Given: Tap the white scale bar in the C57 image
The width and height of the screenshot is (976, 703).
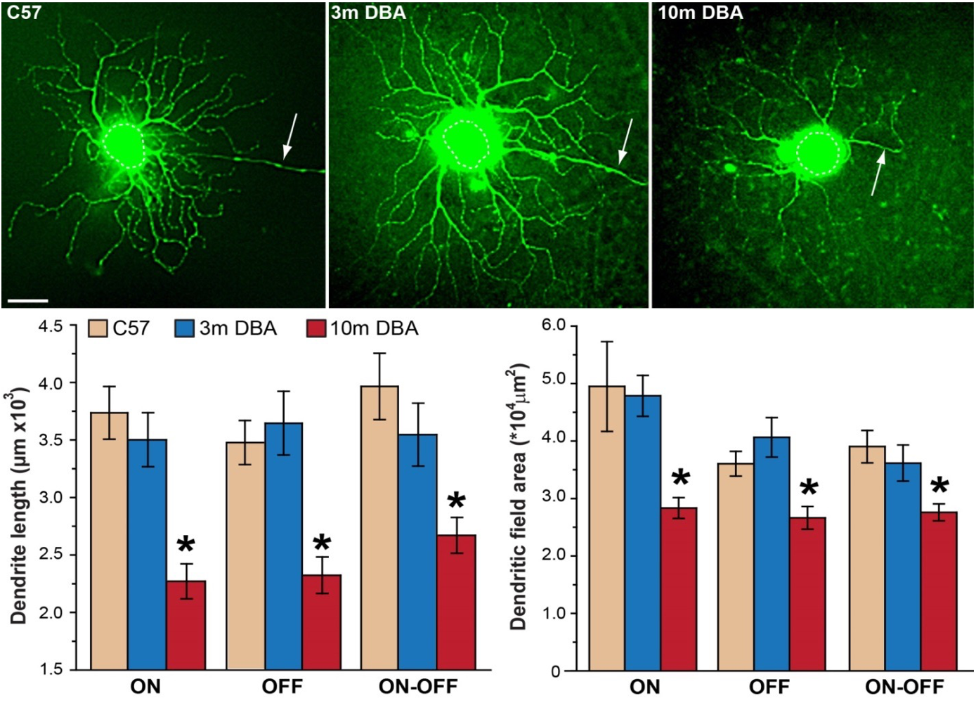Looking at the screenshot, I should click(27, 301).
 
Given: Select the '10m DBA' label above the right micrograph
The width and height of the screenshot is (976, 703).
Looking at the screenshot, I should click(700, 12).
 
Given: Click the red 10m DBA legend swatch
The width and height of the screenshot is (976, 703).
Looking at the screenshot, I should click(316, 328).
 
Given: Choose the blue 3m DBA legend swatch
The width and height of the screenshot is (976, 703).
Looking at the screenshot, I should click(184, 328).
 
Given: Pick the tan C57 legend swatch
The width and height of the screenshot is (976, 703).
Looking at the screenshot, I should click(98, 328).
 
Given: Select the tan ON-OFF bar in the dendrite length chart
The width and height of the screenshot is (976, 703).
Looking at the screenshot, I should click(379, 527).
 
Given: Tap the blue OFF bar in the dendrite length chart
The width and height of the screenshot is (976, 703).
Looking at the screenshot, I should click(284, 546).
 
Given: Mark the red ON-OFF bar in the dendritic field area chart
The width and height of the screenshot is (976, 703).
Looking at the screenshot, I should click(939, 591).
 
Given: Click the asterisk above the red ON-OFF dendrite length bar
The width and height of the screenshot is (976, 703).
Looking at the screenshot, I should click(456, 502).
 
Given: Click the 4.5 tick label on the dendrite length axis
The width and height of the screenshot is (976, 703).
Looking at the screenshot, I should click(50, 327).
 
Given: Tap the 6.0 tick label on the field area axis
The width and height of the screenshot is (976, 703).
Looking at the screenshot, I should click(554, 325).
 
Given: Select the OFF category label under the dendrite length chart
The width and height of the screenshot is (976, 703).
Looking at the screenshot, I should click(282, 686).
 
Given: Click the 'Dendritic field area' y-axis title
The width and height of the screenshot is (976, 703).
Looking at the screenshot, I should click(519, 496).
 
